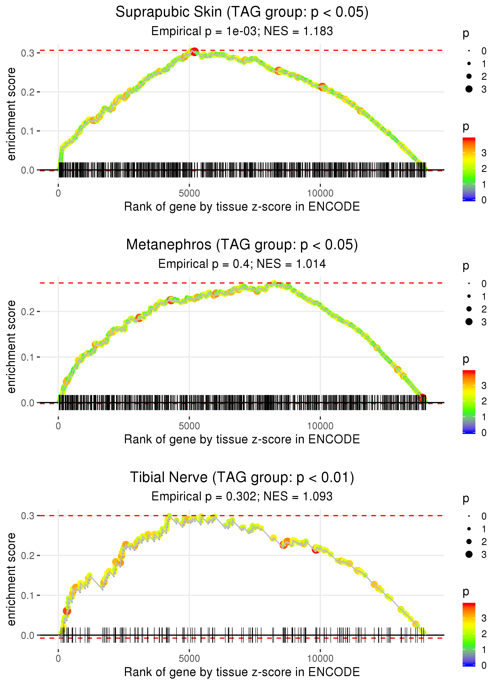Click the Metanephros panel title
[x=242, y=245]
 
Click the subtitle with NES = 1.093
[x=242, y=496]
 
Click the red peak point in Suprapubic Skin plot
[x=194, y=52]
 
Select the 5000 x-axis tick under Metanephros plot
[x=189, y=426]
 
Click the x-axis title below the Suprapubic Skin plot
[x=242, y=207]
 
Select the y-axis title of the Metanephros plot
[x=11, y=347]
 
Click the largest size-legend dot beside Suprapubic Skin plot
[x=469, y=89]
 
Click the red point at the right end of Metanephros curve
[x=423, y=398]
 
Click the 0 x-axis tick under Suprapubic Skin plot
[x=58, y=193]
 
